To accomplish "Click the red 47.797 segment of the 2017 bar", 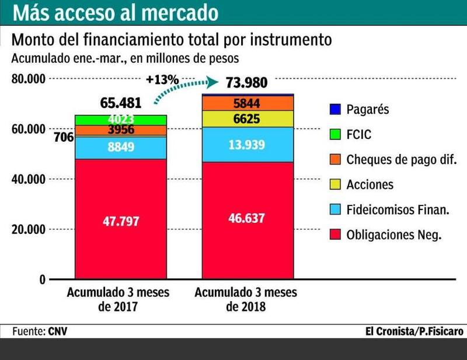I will click(121, 222).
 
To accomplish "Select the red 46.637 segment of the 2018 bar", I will click(248, 219).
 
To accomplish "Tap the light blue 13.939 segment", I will click(248, 145).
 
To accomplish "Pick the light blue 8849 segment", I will click(121, 148).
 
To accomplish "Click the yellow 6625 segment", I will click(248, 118).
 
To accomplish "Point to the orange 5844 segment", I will click(248, 103).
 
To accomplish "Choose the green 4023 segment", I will click(121, 120).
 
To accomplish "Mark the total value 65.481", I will click(121, 103).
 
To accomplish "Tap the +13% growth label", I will click(162, 79).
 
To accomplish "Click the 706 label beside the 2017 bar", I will click(63, 138).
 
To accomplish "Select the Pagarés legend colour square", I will click(334, 109).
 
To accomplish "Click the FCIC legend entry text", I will click(359, 135).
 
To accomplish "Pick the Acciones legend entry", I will click(370, 185).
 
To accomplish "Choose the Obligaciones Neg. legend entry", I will click(393, 235).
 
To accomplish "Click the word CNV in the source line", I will click(58, 331).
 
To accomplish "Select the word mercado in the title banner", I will click(181, 12).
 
